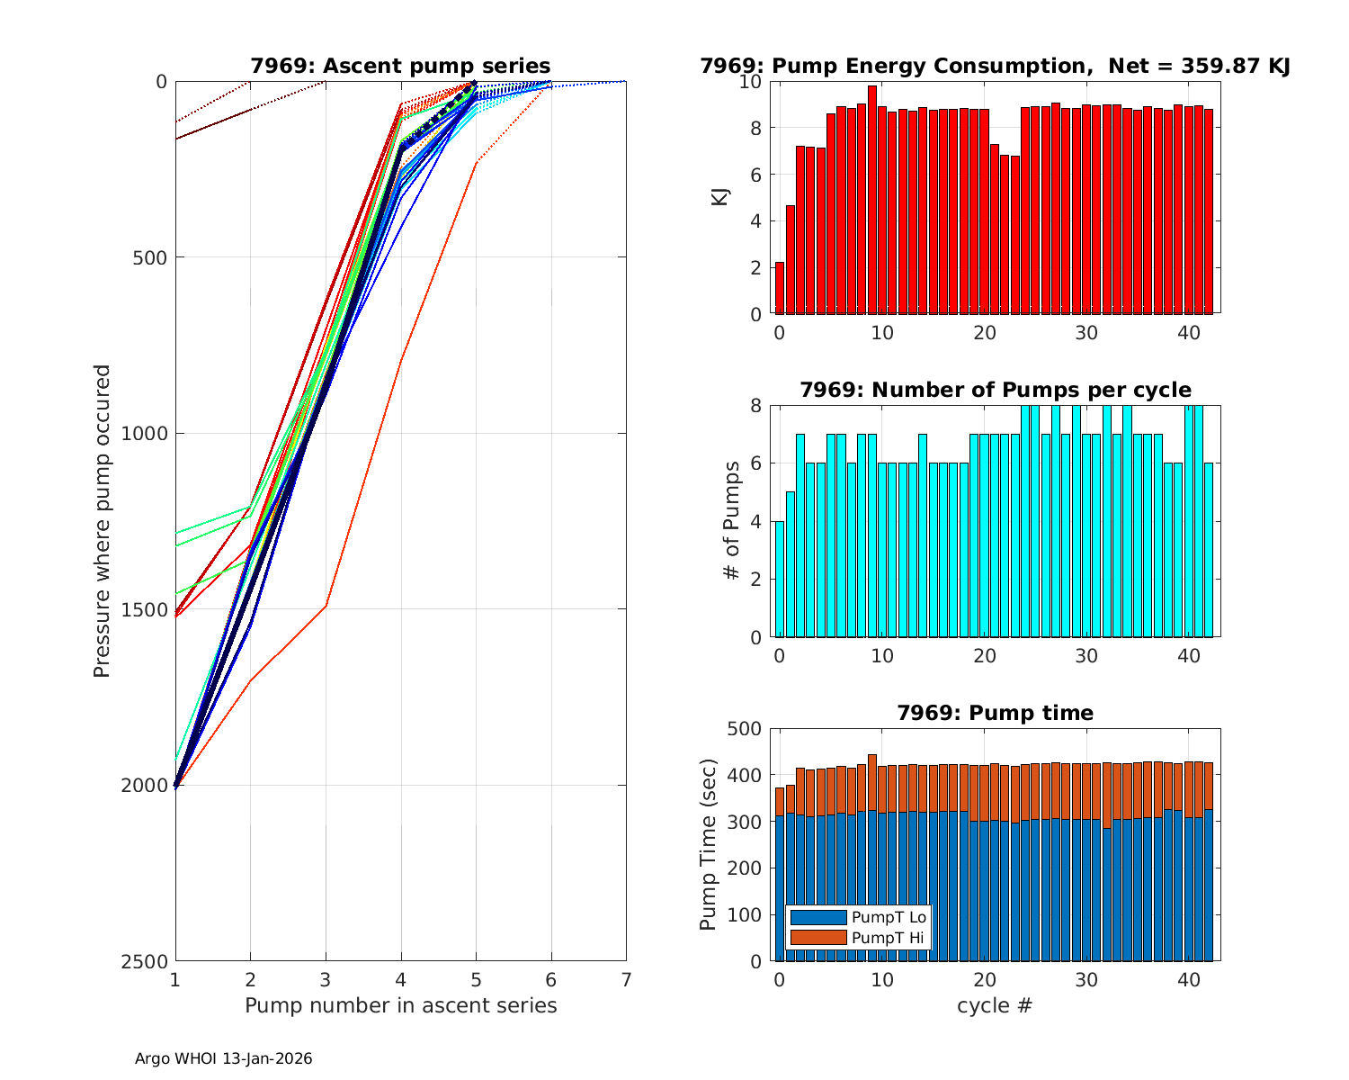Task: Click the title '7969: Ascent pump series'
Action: coord(400,66)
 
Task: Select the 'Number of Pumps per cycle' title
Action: coord(995,390)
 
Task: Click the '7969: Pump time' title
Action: coord(995,713)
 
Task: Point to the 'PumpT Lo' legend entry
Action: coord(888,917)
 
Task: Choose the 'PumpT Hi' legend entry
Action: coord(888,938)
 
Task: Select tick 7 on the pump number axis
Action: coord(626,979)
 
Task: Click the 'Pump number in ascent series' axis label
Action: coord(400,1005)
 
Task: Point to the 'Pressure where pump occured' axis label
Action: coord(103,520)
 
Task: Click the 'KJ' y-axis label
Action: coord(720,197)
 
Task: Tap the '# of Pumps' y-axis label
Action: coord(734,520)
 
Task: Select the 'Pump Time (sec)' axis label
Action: coord(709,844)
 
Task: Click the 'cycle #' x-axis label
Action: coord(995,1005)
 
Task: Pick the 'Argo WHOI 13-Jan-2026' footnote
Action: coord(223,1059)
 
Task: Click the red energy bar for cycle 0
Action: coord(780,288)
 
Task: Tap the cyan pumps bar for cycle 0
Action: coord(780,579)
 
